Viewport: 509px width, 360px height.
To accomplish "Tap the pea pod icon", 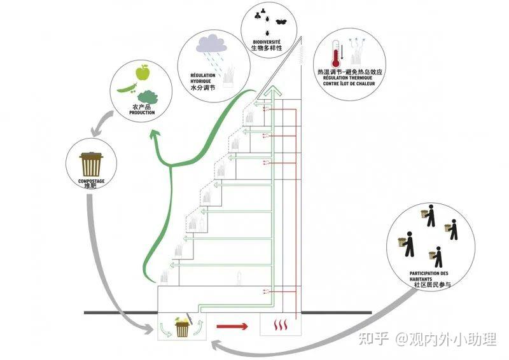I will click(127, 87).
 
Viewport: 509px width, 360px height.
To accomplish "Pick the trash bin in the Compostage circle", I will click(91, 164).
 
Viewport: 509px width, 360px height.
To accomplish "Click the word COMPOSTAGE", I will click(91, 181).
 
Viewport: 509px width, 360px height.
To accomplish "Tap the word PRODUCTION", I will click(142, 113).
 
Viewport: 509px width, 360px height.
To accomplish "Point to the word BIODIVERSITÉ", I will click(266, 41).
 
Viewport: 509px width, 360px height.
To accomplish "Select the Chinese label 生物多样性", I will click(266, 48).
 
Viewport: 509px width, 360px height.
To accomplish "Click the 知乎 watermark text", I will click(373, 339).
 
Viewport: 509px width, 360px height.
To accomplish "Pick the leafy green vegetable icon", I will click(148, 96).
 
